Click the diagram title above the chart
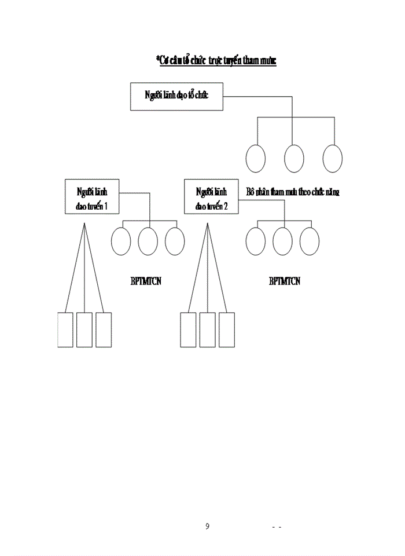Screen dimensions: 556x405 (216, 61)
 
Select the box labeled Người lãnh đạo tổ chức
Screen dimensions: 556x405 (176, 96)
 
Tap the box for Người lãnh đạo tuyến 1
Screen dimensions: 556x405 (92, 197)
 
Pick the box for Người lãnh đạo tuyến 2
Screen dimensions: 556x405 (211, 197)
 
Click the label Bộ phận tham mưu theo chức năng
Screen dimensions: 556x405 (292, 192)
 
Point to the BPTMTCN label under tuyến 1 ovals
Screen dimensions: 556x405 (146, 282)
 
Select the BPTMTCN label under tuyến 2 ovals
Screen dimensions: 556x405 (285, 282)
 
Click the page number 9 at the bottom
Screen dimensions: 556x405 (207, 526)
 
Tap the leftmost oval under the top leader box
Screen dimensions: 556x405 (256, 158)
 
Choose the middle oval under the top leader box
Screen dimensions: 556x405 (294, 158)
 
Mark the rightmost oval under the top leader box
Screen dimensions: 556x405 (333, 158)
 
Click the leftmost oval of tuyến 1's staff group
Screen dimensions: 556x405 (121, 241)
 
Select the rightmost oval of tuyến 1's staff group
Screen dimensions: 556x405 (175, 241)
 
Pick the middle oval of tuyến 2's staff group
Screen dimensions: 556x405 (283, 241)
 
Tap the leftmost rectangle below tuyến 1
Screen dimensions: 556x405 (65, 330)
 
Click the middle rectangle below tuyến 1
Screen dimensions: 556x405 (84, 330)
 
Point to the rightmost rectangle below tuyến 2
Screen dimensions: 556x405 (227, 330)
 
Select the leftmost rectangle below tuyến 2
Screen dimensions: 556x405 (189, 330)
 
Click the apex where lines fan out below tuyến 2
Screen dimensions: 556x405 (207, 224)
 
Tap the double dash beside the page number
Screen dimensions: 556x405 (277, 528)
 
